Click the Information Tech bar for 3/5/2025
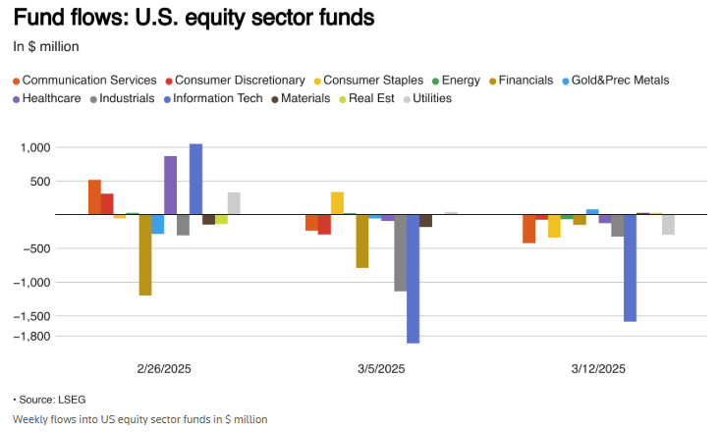point(413,278)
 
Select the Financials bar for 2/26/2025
point(145,254)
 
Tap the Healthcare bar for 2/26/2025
point(171,185)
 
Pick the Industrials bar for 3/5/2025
point(400,252)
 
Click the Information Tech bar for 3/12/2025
point(630,267)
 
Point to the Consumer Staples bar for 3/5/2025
point(337,203)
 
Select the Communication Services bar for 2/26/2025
point(94,196)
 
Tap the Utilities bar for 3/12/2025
point(668,224)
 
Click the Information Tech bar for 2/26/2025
point(195,179)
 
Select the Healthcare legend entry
point(50,98)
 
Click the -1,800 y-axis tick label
point(33,337)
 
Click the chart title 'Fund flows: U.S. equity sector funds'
point(180,19)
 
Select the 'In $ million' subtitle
point(46,46)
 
